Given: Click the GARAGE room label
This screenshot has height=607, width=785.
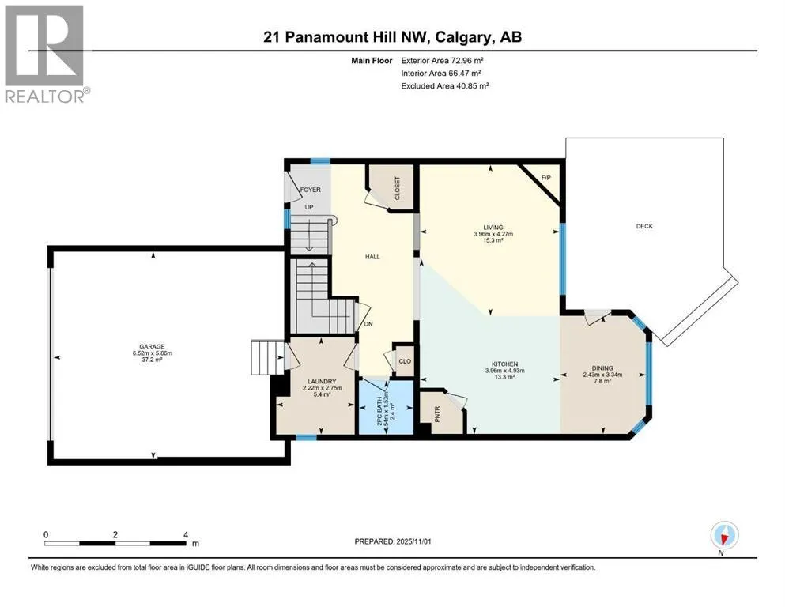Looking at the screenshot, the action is [x=153, y=346].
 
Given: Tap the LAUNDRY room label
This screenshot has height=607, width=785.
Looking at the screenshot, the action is [x=322, y=381].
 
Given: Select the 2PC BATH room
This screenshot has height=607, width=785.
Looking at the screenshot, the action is [x=387, y=406].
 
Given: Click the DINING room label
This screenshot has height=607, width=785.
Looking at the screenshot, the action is [x=602, y=368].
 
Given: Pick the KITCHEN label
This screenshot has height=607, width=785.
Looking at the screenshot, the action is [x=504, y=364].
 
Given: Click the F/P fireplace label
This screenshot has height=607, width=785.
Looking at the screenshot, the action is [x=545, y=178].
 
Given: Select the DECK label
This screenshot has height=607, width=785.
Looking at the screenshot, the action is [x=644, y=226].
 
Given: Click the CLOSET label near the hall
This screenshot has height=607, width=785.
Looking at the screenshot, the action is [x=398, y=188].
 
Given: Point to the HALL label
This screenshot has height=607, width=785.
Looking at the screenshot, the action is [x=372, y=257].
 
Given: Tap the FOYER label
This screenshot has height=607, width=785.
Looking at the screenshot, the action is [x=311, y=190].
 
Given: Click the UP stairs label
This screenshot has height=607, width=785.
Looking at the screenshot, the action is [x=309, y=206].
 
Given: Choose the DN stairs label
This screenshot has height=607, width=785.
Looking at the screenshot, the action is [x=368, y=324].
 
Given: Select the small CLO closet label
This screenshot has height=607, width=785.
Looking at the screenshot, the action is [x=405, y=361].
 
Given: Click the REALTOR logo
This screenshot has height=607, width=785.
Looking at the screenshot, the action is [x=45, y=54].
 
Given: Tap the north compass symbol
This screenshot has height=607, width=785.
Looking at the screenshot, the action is [x=724, y=536].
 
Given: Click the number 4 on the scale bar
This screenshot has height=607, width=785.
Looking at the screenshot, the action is [x=186, y=534].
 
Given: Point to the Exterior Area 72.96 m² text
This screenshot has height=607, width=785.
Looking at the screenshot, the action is [x=442, y=61].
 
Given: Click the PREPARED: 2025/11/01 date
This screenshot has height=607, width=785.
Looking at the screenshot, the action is [x=393, y=541].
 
